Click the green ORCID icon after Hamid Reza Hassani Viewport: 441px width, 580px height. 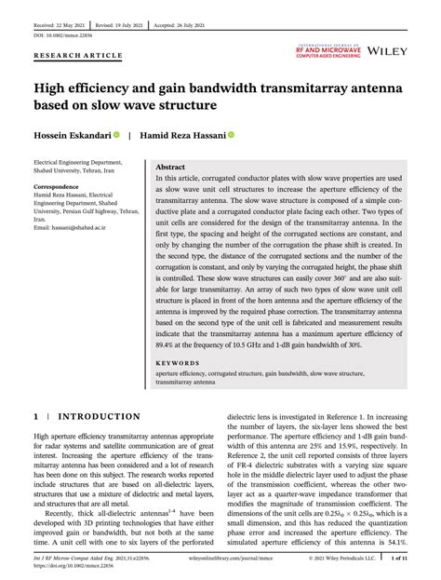[231, 135]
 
